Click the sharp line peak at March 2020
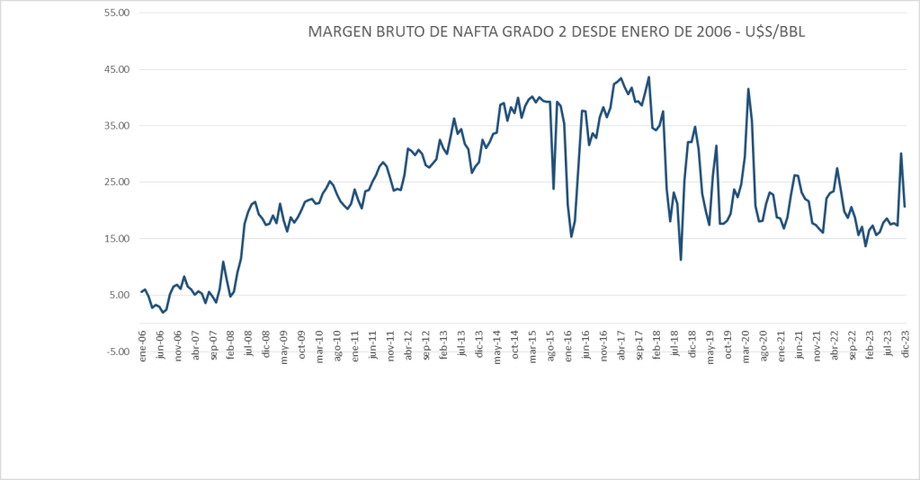click(x=748, y=89)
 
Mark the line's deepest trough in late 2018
click(x=681, y=260)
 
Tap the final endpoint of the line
click(x=905, y=207)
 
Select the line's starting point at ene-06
click(x=141, y=291)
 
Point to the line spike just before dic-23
click(x=901, y=154)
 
